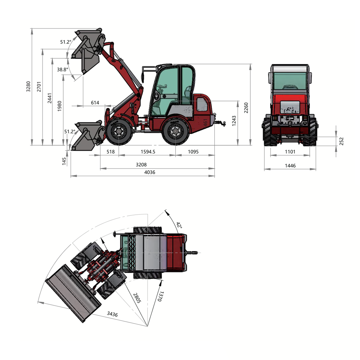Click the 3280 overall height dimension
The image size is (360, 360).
28,87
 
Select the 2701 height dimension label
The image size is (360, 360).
39,87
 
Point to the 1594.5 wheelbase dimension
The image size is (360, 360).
148,152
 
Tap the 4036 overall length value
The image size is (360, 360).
150,172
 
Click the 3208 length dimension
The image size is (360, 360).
141,165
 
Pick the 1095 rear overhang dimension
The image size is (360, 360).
193,152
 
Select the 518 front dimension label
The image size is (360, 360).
110,152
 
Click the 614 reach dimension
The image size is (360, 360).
95,103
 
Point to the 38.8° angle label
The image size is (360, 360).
62,69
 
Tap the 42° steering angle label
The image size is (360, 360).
179,225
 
